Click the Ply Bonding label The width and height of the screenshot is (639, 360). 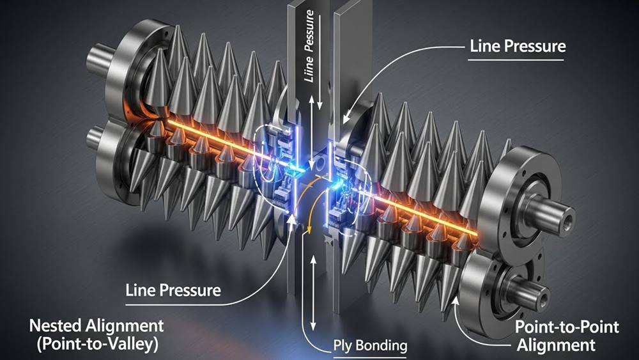(371, 347)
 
